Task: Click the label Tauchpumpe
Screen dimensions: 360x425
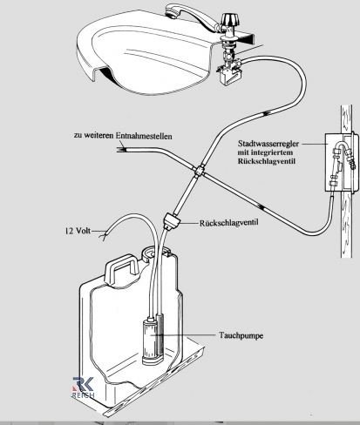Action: [x=241, y=335]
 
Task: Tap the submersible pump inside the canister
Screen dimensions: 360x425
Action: [x=153, y=341]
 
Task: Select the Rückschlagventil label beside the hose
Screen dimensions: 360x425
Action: [x=228, y=223]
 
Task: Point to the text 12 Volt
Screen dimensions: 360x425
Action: [x=78, y=231]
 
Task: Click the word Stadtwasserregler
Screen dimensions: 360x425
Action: [x=268, y=144]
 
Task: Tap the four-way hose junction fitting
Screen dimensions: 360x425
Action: [x=200, y=171]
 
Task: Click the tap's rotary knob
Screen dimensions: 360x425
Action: [x=228, y=19]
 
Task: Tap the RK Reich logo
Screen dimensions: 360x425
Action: [x=83, y=388]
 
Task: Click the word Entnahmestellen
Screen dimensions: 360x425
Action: [x=144, y=136]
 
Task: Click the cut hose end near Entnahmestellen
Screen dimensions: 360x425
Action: [x=121, y=150]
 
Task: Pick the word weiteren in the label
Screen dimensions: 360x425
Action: [x=98, y=136]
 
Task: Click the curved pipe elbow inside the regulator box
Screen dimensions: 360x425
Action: [x=343, y=145]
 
